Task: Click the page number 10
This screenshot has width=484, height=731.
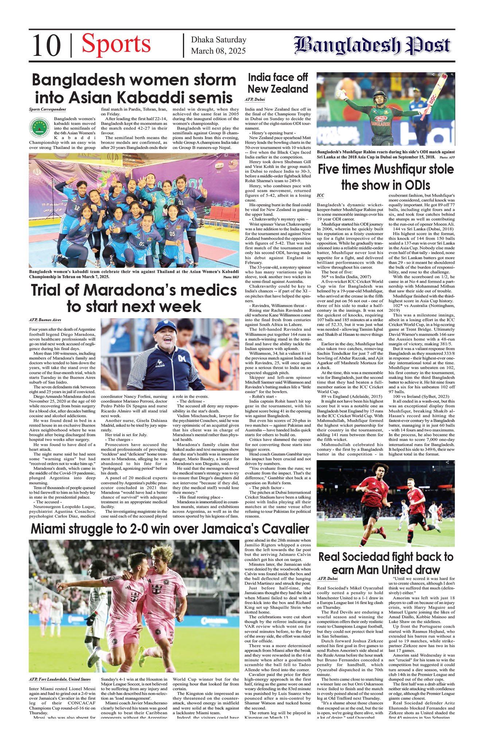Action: tap(46, 46)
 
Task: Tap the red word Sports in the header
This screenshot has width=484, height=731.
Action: tap(116, 44)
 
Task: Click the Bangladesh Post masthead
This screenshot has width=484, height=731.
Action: tap(372, 46)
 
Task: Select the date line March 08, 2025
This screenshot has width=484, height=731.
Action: tap(218, 51)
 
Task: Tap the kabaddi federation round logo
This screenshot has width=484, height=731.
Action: tap(39, 128)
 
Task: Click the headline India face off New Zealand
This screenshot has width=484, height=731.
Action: tap(278, 83)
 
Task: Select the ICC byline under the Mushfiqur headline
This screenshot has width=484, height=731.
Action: tap(320, 196)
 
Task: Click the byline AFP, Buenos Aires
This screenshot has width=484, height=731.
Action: tap(45, 320)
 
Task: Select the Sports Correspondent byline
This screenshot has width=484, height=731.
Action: tap(47, 109)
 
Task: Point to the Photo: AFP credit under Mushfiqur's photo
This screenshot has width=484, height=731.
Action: tap(447, 157)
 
